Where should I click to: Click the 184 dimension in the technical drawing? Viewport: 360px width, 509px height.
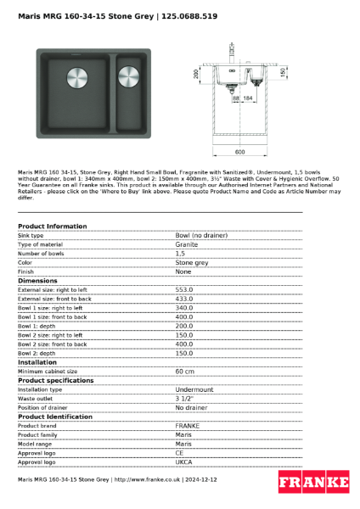pos(249,99)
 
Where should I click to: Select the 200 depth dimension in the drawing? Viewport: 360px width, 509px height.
pos(196,75)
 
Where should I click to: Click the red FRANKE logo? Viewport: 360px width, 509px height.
pos(313,482)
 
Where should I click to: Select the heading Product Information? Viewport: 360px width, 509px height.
pos(52,227)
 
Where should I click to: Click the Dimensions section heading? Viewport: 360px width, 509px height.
pos(37,281)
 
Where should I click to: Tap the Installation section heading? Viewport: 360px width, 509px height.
pos(39,362)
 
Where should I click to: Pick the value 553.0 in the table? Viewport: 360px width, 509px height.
pos(184,289)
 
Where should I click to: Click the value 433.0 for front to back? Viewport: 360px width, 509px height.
pos(184,299)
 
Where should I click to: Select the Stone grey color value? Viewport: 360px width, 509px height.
pos(192,262)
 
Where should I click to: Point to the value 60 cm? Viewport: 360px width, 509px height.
pos(184,371)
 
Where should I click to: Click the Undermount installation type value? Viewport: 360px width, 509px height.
pos(194,389)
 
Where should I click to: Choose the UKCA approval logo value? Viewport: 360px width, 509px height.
pos(184,462)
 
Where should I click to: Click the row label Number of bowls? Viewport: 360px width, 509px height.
pos(41,253)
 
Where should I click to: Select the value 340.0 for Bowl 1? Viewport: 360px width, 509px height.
pos(184,308)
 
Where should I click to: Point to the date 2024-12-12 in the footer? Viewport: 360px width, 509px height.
pos(200,479)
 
